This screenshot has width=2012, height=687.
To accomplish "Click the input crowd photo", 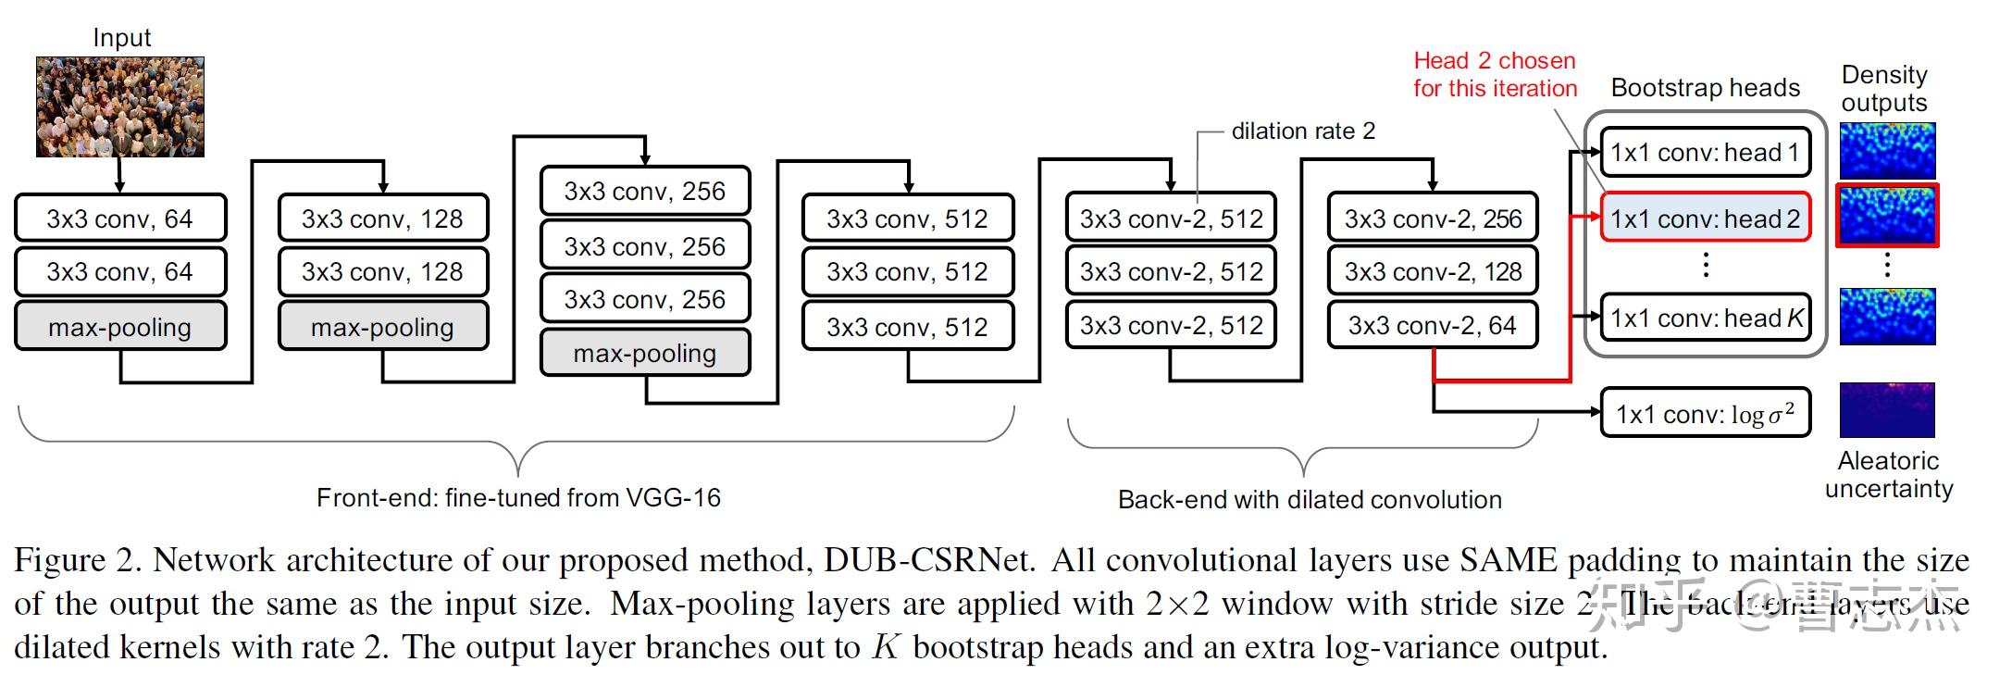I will click(120, 106).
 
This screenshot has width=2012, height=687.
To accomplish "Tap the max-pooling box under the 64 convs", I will click(120, 327).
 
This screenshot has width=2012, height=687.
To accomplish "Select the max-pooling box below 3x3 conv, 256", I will click(645, 353).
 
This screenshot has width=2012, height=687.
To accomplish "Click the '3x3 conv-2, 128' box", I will click(1433, 271).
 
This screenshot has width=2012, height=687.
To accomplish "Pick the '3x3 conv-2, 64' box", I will click(1433, 325).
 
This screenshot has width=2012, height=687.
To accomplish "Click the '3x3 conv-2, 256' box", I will click(1433, 219).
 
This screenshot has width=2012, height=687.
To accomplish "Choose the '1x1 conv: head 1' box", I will click(1705, 152).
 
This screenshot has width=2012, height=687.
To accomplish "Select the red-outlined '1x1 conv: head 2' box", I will click(1705, 219).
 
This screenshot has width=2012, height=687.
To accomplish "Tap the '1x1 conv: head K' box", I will click(1705, 319).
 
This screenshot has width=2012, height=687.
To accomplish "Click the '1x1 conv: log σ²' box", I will click(1705, 413).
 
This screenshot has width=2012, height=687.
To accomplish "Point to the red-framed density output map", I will click(1887, 216).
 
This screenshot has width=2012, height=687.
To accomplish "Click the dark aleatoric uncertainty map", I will click(1887, 410).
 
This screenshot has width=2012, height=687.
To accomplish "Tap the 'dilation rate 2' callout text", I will click(1303, 131).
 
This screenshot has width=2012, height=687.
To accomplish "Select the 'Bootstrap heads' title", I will click(1705, 88).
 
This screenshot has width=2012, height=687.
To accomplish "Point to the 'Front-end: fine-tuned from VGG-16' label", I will click(518, 498).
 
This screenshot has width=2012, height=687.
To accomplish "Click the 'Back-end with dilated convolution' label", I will click(1310, 500).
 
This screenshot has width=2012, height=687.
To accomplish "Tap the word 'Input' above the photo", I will click(121, 38).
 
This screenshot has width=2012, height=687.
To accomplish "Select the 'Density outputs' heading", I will click(1884, 88).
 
